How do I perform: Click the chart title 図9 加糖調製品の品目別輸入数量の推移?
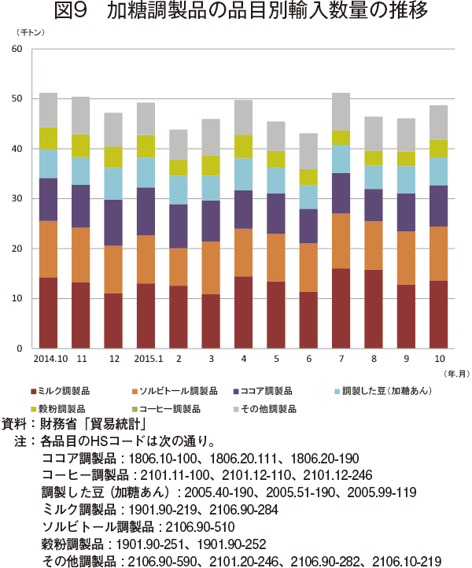pos(241,10)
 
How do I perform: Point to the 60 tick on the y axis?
pos(17,49)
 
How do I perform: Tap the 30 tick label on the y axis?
pos(17,198)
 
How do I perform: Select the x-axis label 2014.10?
pos(50,359)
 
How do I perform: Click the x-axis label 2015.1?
pos(149,359)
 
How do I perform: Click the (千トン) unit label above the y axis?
pos(30,32)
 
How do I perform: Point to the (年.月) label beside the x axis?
pos(457,374)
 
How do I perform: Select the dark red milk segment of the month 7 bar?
pos(341,308)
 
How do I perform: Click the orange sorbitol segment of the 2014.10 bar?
pos(48,249)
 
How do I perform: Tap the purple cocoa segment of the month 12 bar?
pos(113,223)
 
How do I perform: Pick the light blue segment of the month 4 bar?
pos(243,174)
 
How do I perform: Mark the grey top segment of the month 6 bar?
pos(308,151)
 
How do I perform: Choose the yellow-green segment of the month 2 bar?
pos(179,168)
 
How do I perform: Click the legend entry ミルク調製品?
pos(61,391)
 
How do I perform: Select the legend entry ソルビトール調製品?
pos(175,391)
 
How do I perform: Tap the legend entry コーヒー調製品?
pos(167,409)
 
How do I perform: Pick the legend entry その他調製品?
pos(265,409)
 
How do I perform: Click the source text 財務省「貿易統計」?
pos(93,424)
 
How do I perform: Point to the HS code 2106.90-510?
pos(201,527)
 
